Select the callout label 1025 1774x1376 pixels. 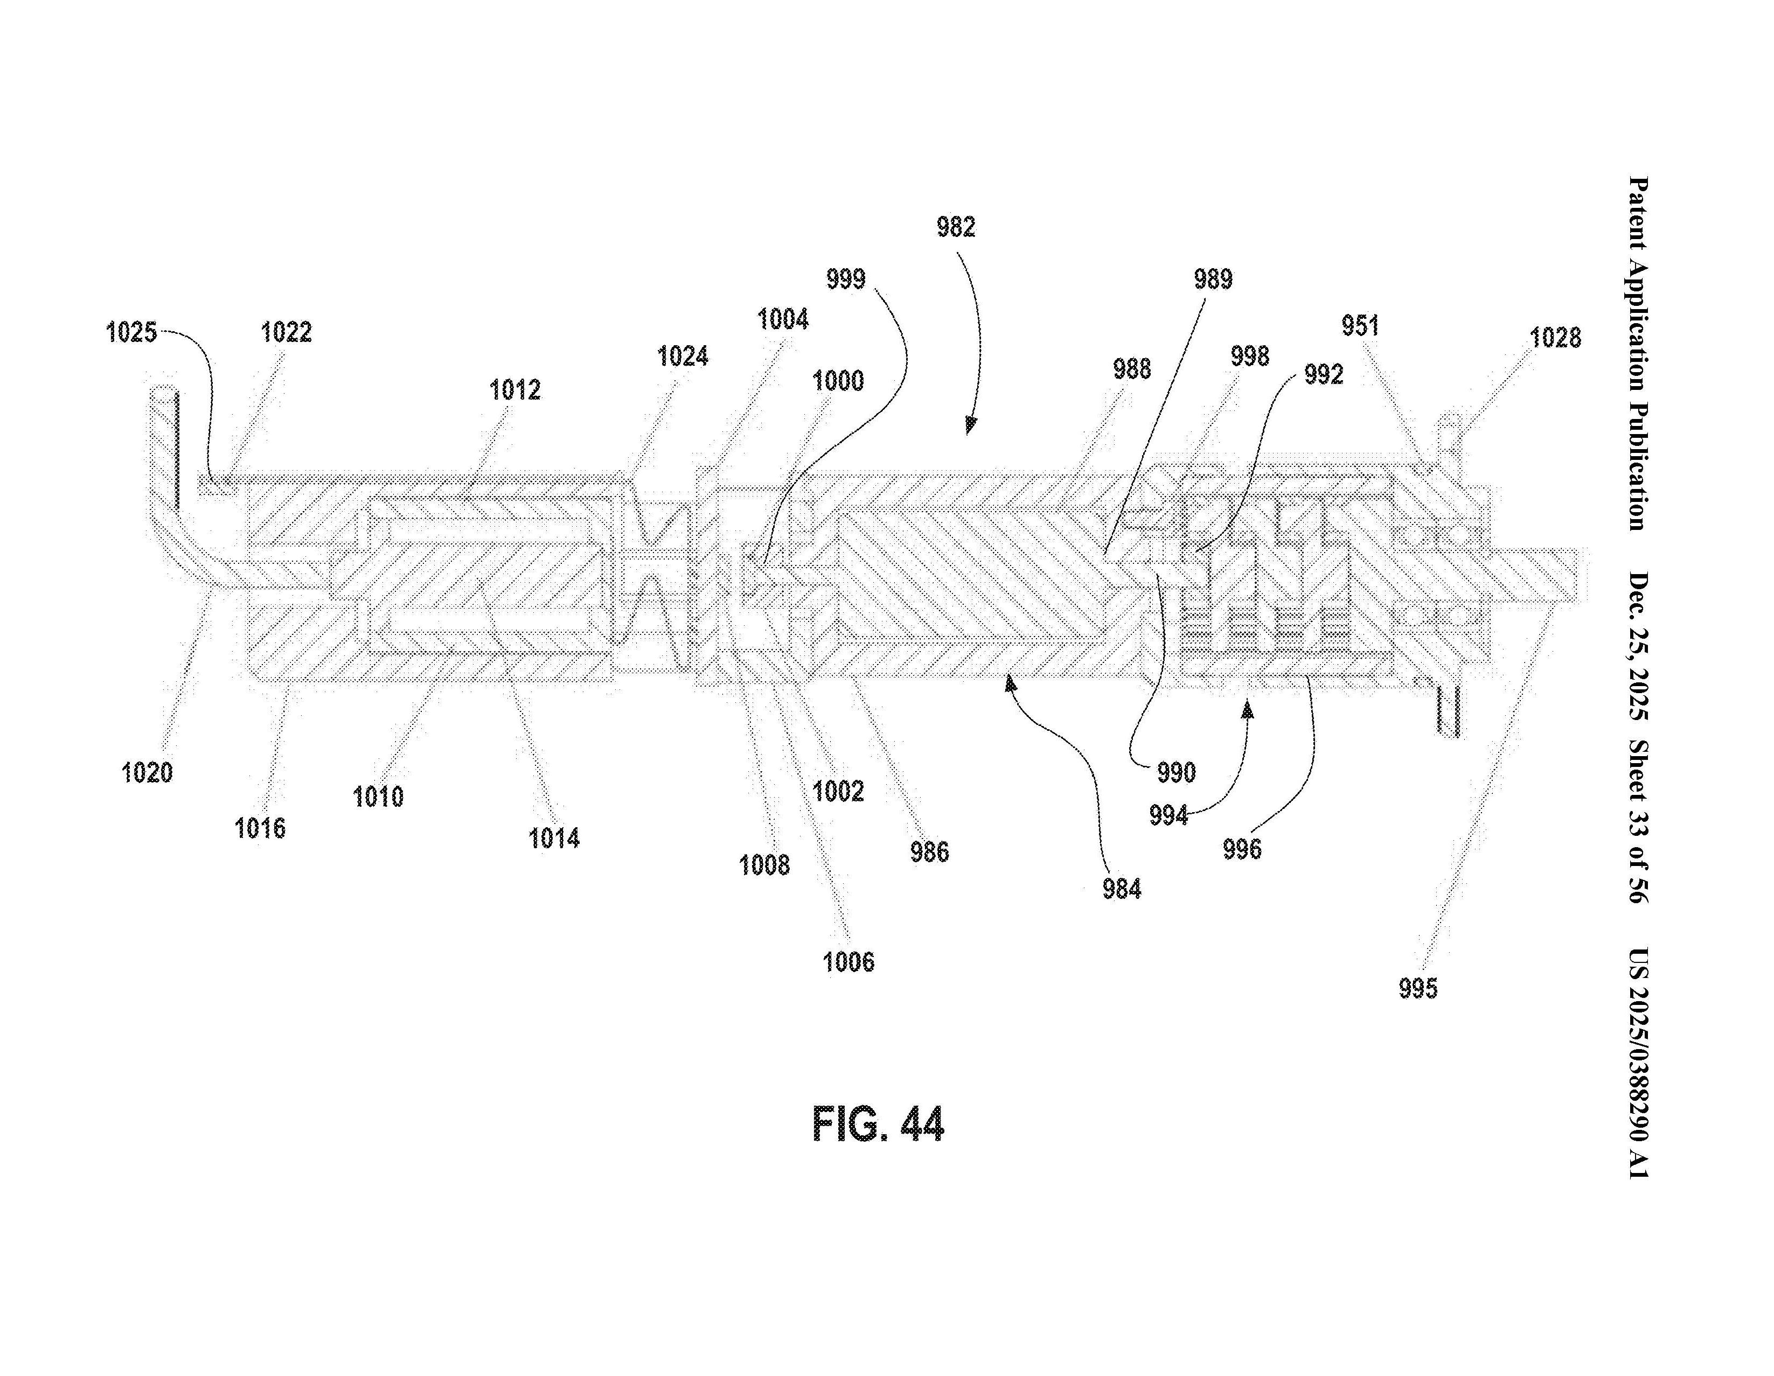pyautogui.click(x=131, y=333)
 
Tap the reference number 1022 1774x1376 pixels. pyautogui.click(x=286, y=332)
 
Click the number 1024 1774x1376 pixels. pyautogui.click(x=683, y=357)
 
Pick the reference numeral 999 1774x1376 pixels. pyautogui.click(x=846, y=280)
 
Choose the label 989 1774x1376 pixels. pyautogui.click(x=1213, y=280)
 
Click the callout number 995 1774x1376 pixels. pyautogui.click(x=1417, y=989)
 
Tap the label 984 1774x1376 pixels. pyautogui.click(x=1122, y=890)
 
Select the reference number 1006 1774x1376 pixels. pyautogui.click(x=848, y=963)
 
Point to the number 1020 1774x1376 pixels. pyautogui.click(x=147, y=773)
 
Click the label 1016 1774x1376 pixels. pyautogui.click(x=260, y=829)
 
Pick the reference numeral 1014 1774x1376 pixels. pyautogui.click(x=554, y=839)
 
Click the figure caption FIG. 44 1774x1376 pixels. pyautogui.click(x=878, y=1125)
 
